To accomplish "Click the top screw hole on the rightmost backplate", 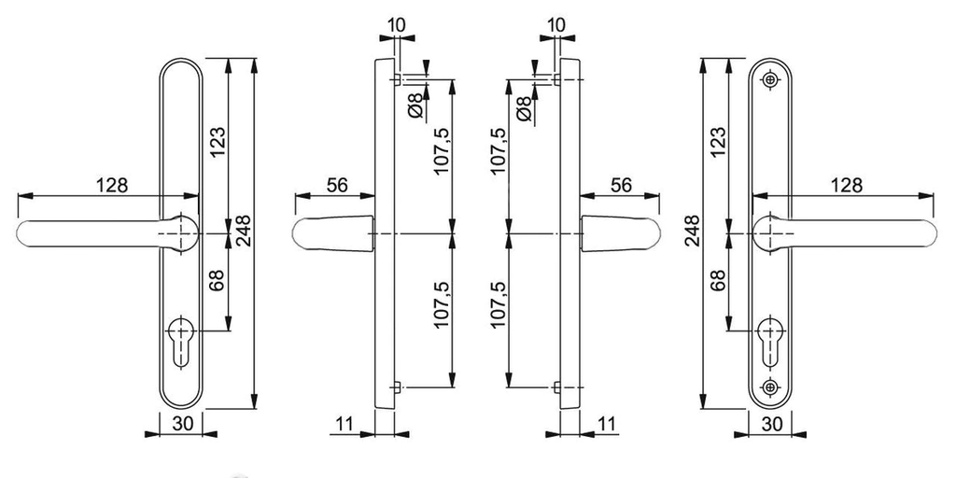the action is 770,80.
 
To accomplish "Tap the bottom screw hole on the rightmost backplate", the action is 770,387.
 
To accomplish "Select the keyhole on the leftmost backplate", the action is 181,343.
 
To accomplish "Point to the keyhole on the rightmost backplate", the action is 770,343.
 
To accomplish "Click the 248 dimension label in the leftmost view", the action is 243,232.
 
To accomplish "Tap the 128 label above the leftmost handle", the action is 112,186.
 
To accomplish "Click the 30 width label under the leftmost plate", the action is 182,425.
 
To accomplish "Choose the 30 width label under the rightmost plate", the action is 771,425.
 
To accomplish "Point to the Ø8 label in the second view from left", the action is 415,105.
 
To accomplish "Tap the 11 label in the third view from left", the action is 605,424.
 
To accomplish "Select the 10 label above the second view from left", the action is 396,24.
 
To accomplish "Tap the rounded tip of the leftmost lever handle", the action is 23,234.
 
